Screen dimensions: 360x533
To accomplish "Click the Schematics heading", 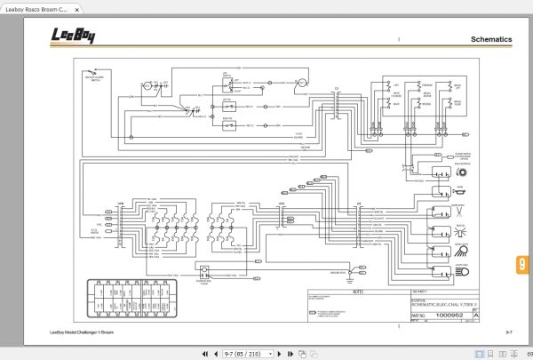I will (491, 40).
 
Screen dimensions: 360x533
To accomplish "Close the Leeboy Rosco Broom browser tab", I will (77, 7).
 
